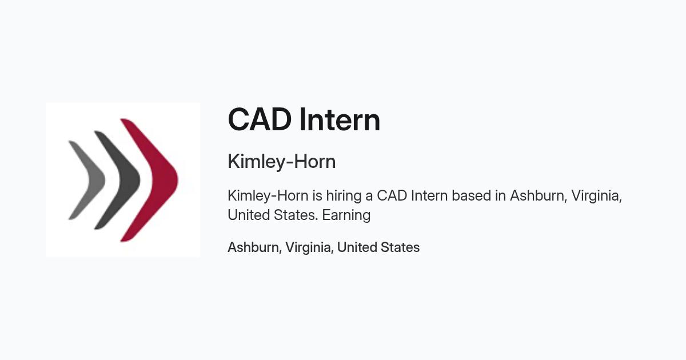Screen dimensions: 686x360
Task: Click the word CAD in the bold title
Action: coord(260,119)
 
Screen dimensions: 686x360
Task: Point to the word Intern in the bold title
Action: coord(340,119)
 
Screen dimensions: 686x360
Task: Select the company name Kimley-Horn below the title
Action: coord(282,161)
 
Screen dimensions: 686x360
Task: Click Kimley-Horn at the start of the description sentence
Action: coord(268,195)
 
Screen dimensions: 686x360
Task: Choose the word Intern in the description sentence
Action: coord(429,195)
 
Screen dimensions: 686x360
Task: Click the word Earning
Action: coord(346,215)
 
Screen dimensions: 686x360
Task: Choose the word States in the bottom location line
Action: coord(399,247)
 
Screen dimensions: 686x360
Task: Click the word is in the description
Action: coord(317,195)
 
